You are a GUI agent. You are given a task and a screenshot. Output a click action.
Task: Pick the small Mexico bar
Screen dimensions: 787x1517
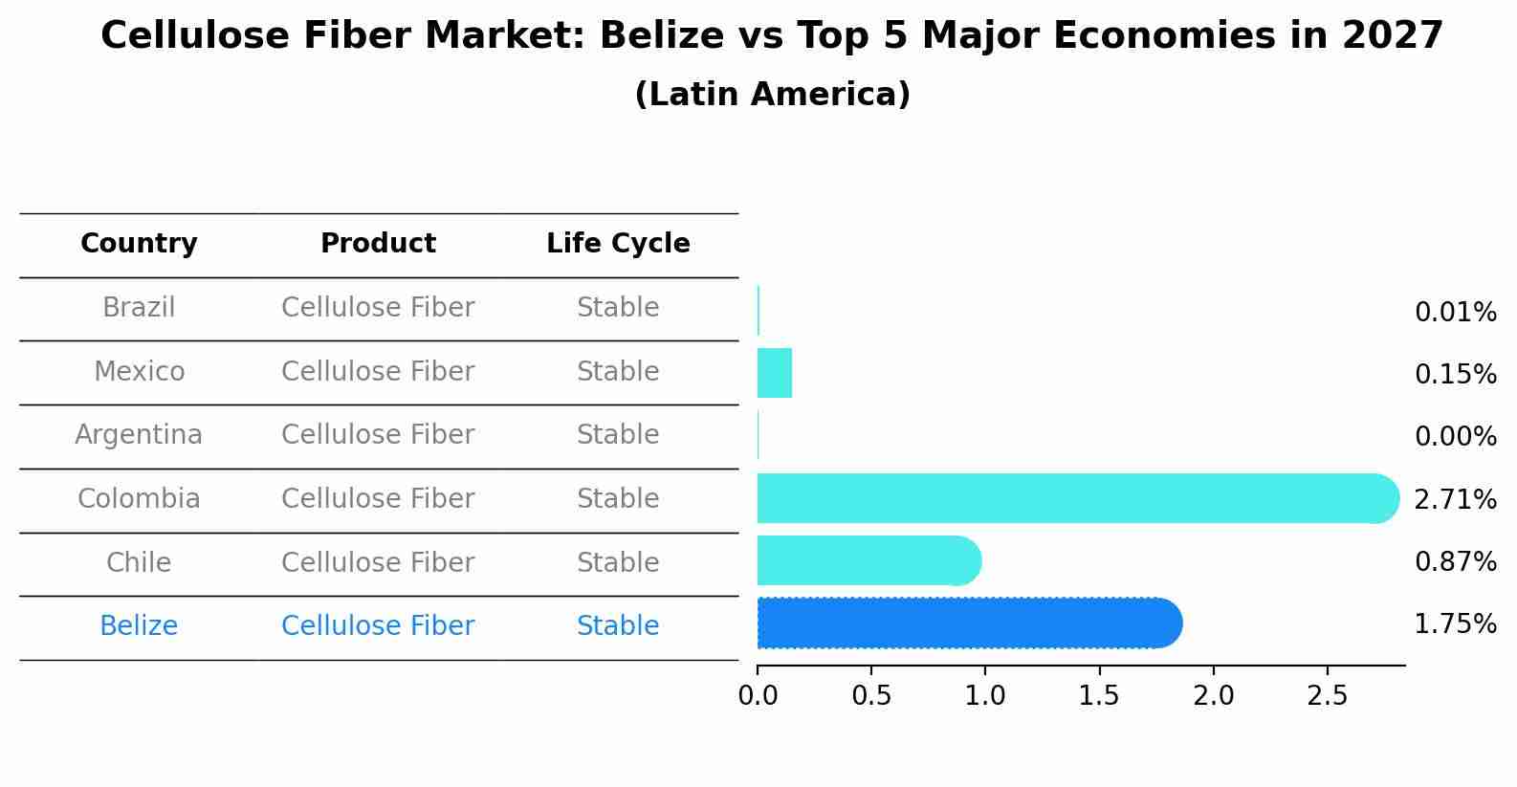(774, 373)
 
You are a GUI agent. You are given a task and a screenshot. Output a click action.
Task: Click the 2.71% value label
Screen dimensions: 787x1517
(1454, 499)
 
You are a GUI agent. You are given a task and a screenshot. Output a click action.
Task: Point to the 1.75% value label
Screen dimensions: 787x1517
(1454, 624)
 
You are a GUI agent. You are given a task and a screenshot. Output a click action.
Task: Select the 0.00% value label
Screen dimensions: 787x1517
(1454, 437)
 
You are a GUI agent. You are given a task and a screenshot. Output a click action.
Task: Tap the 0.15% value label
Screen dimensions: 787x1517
(1454, 374)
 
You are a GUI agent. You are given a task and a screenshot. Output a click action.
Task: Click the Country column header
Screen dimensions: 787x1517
(139, 244)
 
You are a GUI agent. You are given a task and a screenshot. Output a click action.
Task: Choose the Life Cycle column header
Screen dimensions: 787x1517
(618, 244)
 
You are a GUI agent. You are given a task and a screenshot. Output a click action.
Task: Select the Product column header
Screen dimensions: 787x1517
(378, 244)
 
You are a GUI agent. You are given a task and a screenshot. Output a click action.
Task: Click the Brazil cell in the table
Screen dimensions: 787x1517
(139, 308)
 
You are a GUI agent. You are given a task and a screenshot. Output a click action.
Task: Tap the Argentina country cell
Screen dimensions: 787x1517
(139, 435)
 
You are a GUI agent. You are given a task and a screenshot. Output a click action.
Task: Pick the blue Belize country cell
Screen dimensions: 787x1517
(139, 626)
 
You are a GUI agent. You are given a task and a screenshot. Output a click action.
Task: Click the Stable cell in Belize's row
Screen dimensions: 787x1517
(618, 626)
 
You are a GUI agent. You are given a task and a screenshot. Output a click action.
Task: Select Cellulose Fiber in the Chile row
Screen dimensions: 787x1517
(378, 562)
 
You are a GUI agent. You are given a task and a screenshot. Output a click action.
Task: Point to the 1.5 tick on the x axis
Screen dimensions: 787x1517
(1099, 695)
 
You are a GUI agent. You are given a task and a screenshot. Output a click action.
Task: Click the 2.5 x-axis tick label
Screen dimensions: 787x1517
(1327, 695)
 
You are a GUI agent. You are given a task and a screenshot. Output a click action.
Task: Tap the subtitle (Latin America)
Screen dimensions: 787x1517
(772, 95)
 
